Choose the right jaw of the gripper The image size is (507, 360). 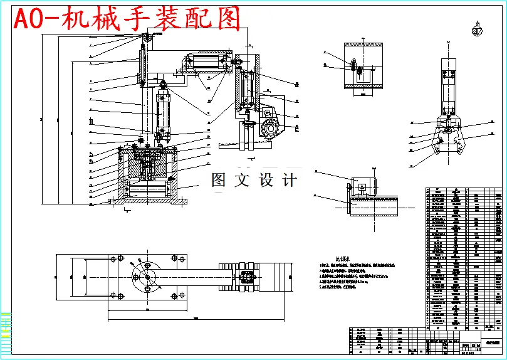click(462, 143)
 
